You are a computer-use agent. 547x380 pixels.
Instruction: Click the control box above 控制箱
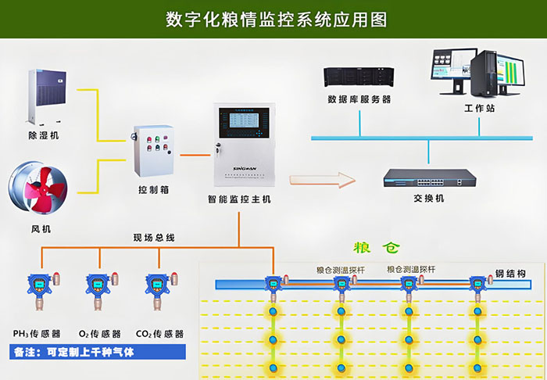click(x=155, y=149)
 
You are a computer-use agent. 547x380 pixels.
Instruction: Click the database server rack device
click(x=359, y=78)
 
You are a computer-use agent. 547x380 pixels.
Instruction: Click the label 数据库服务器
click(x=359, y=100)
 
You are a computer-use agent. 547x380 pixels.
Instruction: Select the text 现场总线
click(x=154, y=237)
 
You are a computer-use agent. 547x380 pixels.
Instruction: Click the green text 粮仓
click(x=376, y=249)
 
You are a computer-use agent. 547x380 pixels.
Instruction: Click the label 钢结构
click(x=510, y=274)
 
